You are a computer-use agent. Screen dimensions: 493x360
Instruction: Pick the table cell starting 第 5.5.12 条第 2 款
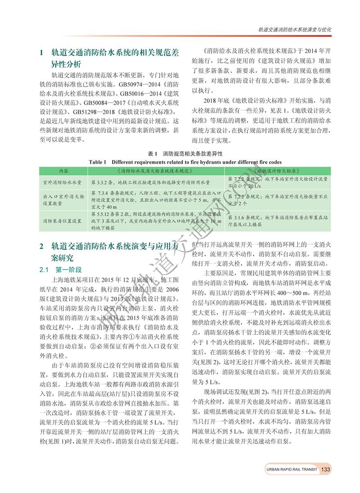click(156, 221)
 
